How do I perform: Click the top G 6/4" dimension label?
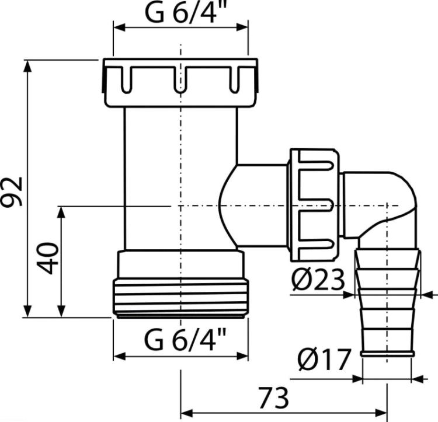185,12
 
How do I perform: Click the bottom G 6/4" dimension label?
185,340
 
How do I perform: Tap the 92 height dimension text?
11,192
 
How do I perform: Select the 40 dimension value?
48,259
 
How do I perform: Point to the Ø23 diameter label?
318,280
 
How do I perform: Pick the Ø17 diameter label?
324,360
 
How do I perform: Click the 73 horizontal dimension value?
274,398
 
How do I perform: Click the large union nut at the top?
180,83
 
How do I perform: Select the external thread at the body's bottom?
180,298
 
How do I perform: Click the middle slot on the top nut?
180,79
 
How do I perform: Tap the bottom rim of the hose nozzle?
387,354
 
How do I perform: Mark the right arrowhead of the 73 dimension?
381,412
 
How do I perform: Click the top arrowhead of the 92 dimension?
27,66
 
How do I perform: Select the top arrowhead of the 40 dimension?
61,212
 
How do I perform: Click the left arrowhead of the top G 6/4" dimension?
119,27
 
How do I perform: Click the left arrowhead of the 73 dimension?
187,412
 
